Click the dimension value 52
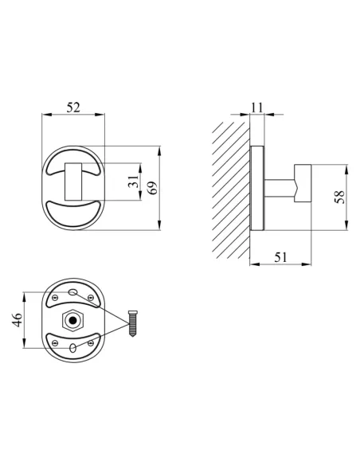tap(73, 107)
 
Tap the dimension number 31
tap(134, 182)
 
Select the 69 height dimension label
tap(152, 188)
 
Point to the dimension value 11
tap(256, 107)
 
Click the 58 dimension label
tap(340, 197)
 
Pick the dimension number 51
tap(280, 257)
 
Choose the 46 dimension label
tap(18, 320)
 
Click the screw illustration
tap(133, 323)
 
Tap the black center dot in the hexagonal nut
tap(72, 320)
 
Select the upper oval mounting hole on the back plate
tap(72, 292)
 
